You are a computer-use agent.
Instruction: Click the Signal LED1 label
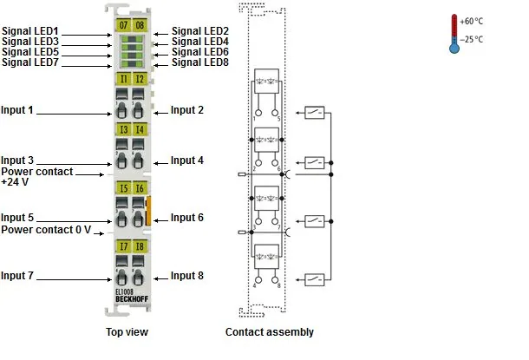tap(30, 31)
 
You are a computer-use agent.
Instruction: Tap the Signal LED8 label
tap(200, 62)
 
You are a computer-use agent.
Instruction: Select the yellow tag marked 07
tap(123, 25)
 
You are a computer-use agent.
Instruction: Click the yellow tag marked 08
tap(140, 25)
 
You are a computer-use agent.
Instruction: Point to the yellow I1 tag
tap(123, 79)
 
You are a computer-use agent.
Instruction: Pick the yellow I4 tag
tap(140, 129)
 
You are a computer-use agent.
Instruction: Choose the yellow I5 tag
tap(123, 188)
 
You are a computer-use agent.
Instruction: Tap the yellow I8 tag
tap(140, 246)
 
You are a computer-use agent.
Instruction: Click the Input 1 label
tap(16, 110)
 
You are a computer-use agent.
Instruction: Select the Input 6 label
tap(187, 217)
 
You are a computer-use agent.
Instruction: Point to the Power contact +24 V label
tap(36, 176)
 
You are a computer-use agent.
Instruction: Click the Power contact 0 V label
tap(46, 230)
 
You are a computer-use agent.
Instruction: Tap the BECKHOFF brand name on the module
tap(132, 299)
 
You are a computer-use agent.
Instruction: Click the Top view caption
tap(127, 331)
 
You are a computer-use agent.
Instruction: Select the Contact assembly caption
tap(270, 332)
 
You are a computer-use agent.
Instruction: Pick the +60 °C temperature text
tap(471, 22)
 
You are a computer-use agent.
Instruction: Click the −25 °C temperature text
tap(471, 40)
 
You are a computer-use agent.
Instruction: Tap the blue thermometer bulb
tap(454, 49)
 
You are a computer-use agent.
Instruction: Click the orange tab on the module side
tap(147, 211)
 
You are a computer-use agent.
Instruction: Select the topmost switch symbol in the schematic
tap(315, 113)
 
